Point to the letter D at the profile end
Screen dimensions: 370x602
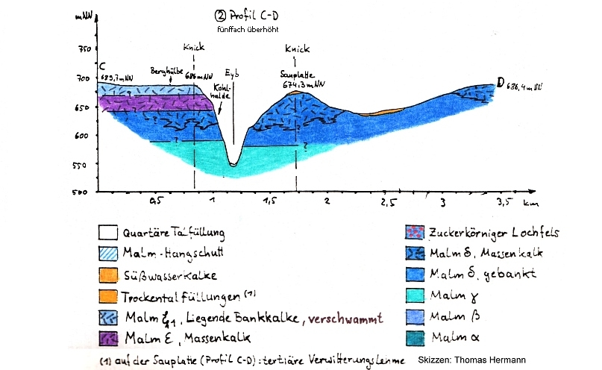[499, 84]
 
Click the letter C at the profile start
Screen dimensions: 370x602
[101, 66]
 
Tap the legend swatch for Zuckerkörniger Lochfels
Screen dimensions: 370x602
[412, 233]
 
